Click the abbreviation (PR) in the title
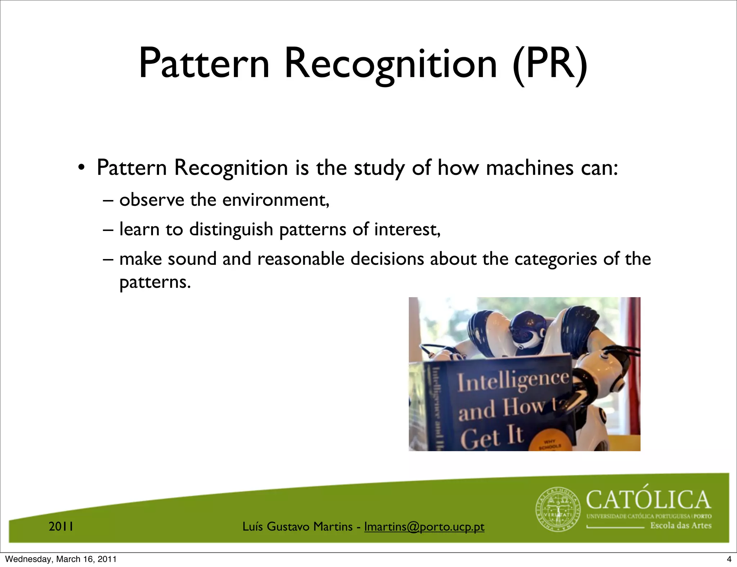pos(550,64)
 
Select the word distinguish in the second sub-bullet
pos(231,230)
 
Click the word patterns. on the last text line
pos(155,282)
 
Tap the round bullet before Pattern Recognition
pos(82,168)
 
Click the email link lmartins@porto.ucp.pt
pos(424,527)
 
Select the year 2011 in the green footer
pos(61,527)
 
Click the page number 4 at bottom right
pos(729,559)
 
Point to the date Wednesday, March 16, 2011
pos(61,559)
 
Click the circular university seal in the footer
pos(558,509)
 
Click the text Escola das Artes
pos(681,526)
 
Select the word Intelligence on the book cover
pos(513,381)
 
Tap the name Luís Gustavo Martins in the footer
pos(297,527)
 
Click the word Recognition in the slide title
pos(391,64)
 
